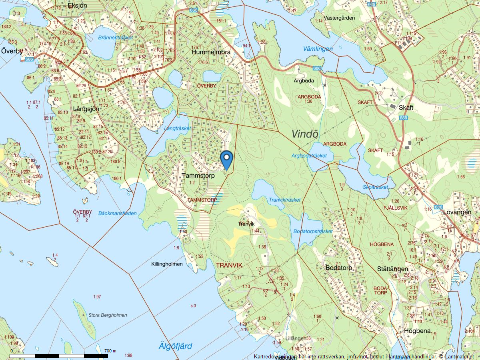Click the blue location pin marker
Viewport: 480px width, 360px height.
pos(227,159)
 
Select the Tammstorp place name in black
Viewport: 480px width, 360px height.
pos(198,176)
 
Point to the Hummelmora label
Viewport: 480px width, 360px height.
pos(211,52)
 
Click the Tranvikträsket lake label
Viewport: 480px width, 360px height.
pos(284,200)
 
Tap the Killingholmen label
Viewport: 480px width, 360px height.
pos(167,264)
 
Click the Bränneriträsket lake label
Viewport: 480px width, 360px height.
pos(115,37)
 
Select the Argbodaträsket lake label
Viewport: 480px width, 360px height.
pos(309,156)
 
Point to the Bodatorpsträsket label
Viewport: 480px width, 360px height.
pos(313,231)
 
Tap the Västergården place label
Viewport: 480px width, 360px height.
pos(340,18)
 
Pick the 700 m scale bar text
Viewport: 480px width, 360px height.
pos(110,351)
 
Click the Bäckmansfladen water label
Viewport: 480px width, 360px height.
pos(117,213)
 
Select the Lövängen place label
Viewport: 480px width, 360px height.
pos(457,212)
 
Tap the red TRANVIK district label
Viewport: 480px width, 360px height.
pos(229,265)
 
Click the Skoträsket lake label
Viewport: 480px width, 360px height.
pos(375,187)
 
